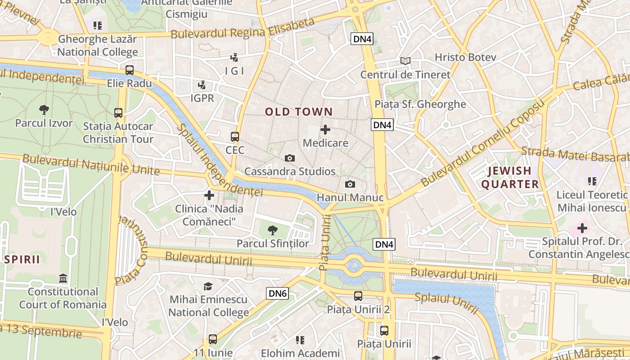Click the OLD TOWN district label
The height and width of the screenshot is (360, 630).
[x=299, y=112]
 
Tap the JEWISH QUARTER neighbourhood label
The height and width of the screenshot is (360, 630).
[x=510, y=177]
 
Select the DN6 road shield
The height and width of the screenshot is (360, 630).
[x=277, y=294]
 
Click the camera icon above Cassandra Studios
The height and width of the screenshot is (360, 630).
[x=290, y=158]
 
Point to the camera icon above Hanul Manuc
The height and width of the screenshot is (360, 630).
[x=350, y=184]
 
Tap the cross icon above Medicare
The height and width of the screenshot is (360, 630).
[x=325, y=130]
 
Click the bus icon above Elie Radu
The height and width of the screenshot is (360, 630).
[x=130, y=70]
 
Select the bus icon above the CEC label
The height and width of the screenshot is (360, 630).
[x=235, y=136]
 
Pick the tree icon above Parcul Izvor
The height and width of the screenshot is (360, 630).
[x=44, y=109]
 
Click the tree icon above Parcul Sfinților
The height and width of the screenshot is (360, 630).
[x=272, y=230]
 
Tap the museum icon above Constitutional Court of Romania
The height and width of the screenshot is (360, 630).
[x=63, y=279]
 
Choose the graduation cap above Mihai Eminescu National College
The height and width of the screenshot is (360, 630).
[x=208, y=286]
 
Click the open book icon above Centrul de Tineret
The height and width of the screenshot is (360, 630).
[x=405, y=61]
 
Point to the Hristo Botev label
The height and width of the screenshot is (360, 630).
[x=465, y=57]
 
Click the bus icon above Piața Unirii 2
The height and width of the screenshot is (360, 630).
[x=358, y=296]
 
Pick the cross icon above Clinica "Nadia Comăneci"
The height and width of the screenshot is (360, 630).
[x=209, y=195]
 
